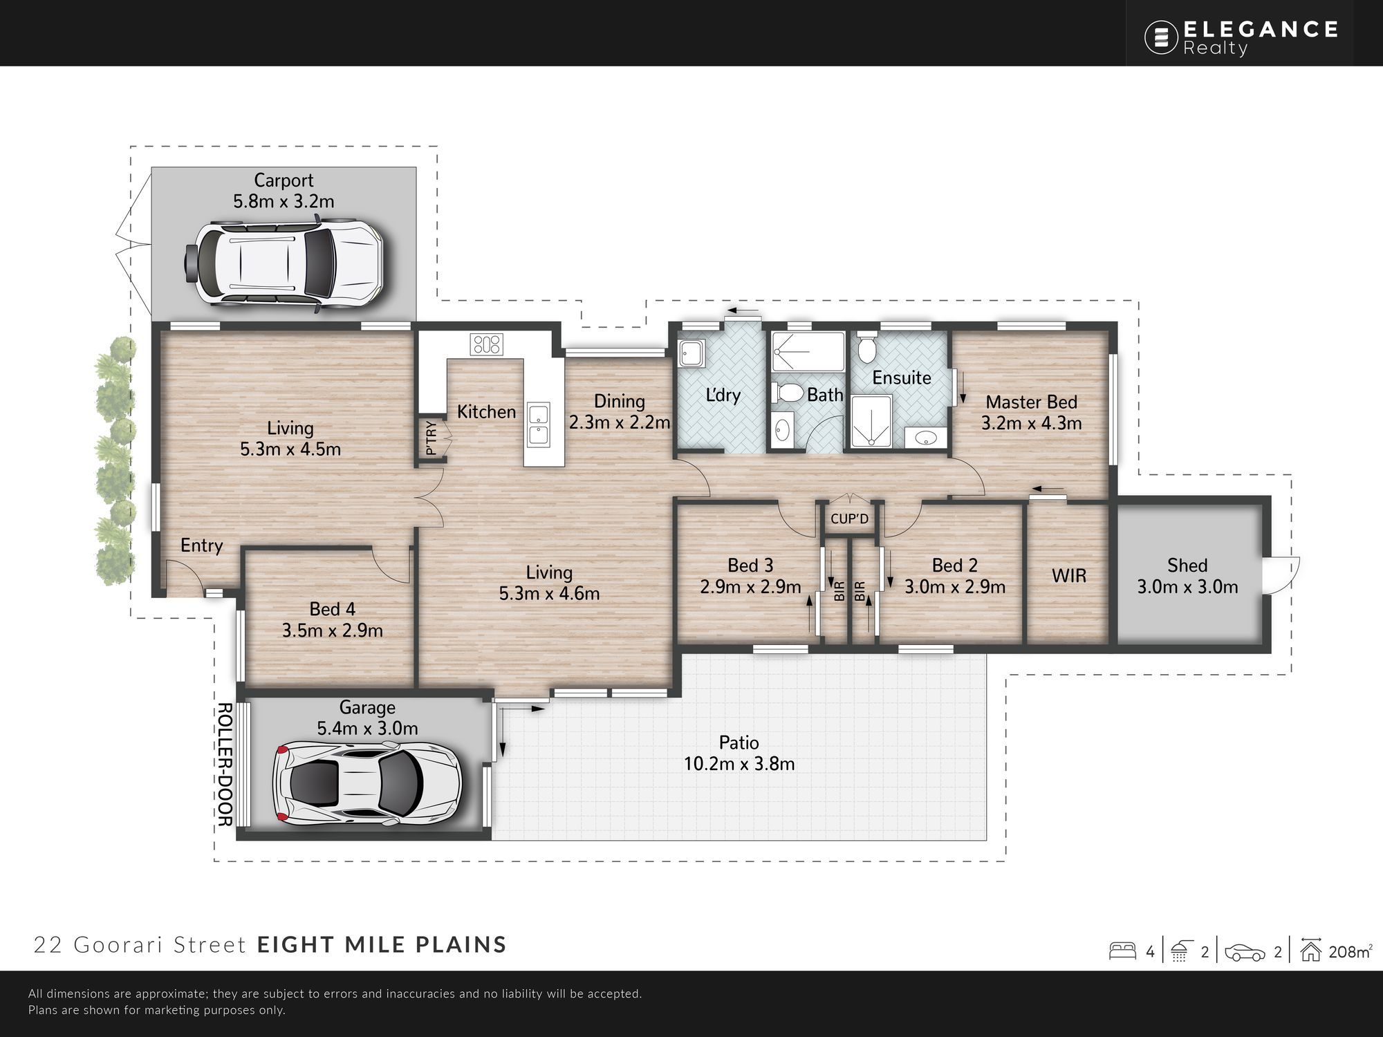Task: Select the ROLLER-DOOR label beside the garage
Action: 225,765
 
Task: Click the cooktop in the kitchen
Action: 486,344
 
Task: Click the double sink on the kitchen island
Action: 537,424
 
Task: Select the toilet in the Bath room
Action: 786,393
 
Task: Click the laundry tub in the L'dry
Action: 691,353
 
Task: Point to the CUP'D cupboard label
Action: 849,518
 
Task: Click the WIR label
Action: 1069,575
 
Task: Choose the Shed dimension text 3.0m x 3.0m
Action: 1187,587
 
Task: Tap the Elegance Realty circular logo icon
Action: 1161,37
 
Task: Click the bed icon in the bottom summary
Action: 1122,951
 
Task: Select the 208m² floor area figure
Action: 1350,952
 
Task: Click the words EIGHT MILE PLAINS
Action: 382,944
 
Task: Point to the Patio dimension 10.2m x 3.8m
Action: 739,764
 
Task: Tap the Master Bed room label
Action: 1031,402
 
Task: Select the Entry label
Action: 202,546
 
